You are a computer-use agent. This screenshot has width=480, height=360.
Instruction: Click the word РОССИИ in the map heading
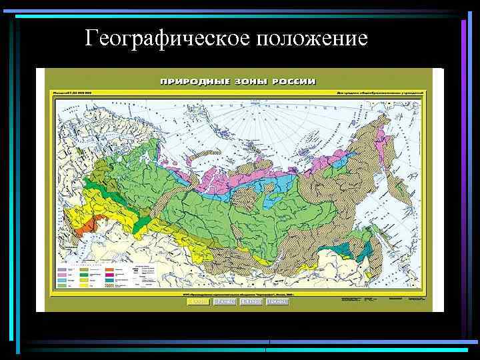tap(293, 82)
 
